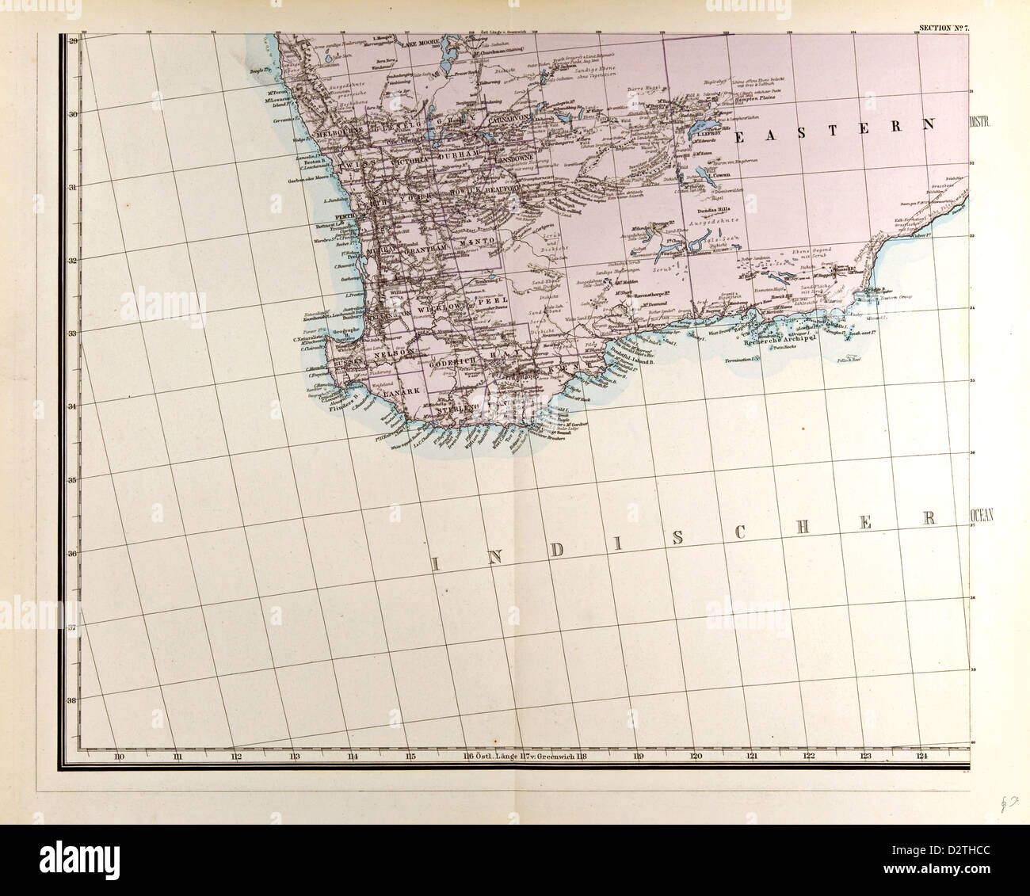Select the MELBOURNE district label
pos(339,135)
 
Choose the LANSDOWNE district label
pos(516,159)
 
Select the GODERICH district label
pos(452,360)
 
